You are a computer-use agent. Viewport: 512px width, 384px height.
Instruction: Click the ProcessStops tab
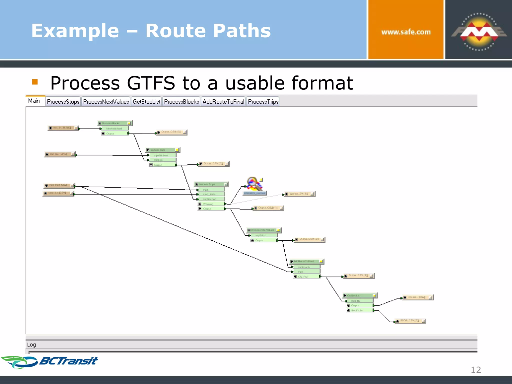pyautogui.click(x=63, y=102)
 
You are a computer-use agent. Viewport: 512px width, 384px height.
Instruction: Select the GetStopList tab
pyautogui.click(x=146, y=102)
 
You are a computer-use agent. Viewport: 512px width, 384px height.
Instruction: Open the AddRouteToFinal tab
pyautogui.click(x=223, y=102)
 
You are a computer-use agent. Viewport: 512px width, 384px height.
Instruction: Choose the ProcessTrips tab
pyautogui.click(x=263, y=102)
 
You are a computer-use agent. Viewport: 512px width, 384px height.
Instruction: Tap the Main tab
pyautogui.click(x=34, y=101)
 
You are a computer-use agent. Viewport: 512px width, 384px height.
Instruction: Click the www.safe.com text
pyautogui.click(x=406, y=32)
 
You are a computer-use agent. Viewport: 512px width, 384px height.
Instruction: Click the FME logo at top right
pyautogui.click(x=478, y=32)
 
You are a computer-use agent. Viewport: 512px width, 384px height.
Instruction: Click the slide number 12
pyautogui.click(x=476, y=370)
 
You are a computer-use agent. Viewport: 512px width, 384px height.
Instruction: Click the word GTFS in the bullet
pyautogui.click(x=151, y=83)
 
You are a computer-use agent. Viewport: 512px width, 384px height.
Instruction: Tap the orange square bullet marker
pyautogui.click(x=35, y=82)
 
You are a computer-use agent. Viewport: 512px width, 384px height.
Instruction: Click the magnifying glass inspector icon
pyautogui.click(x=254, y=184)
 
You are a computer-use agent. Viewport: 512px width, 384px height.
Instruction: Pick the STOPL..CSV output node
pyautogui.click(x=410, y=321)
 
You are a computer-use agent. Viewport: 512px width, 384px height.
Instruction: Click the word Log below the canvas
pyautogui.click(x=31, y=344)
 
